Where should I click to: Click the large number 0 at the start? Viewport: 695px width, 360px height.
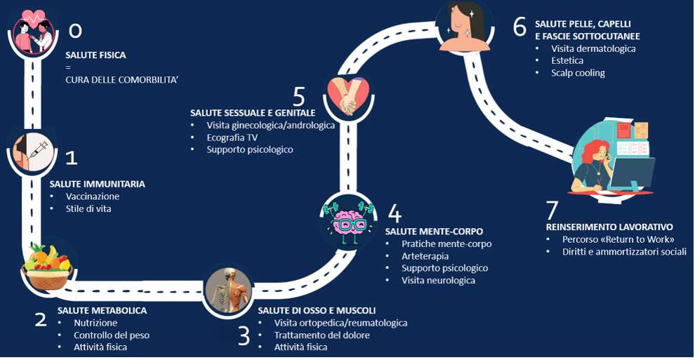(76, 30)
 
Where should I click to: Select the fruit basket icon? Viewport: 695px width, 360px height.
(48, 267)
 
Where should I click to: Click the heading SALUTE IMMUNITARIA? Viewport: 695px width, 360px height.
(98, 184)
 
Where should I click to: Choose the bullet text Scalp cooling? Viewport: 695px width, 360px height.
(578, 73)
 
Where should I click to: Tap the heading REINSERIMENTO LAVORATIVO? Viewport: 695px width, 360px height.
(609, 227)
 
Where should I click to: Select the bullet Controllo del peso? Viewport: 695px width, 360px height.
(112, 335)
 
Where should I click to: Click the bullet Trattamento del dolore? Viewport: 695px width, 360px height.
(322, 335)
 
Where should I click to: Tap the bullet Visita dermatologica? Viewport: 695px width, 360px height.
(593, 48)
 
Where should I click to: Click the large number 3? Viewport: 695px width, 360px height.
(244, 336)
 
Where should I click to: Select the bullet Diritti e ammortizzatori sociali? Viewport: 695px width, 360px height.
(624, 252)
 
